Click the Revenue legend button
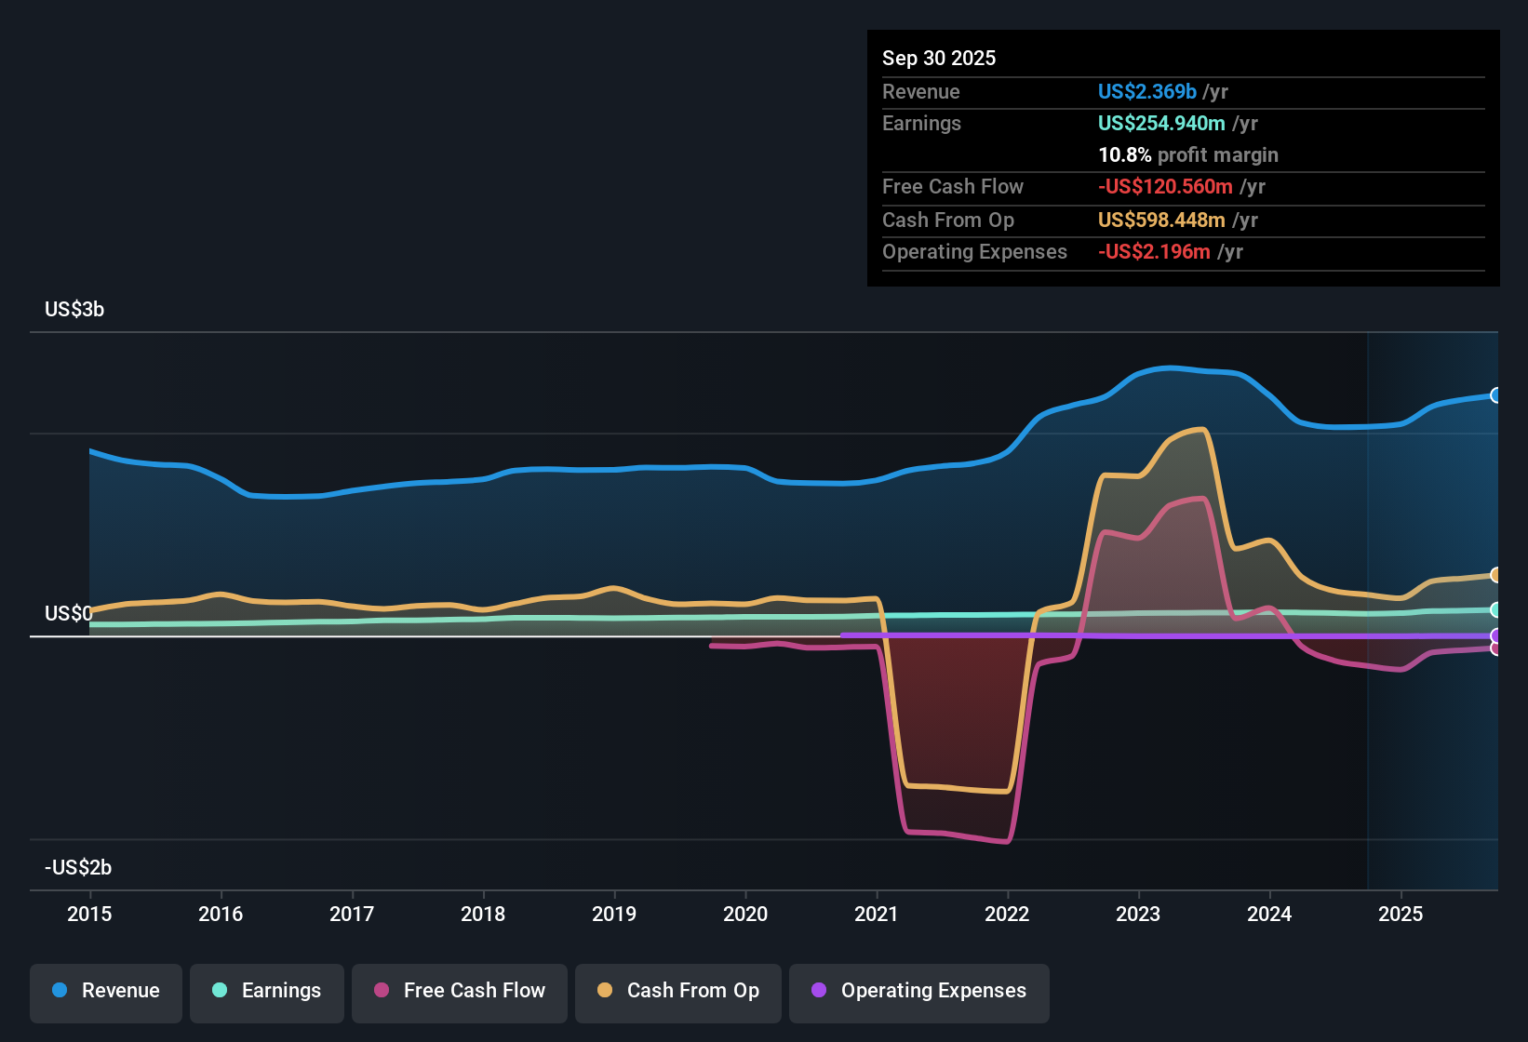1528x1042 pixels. [x=106, y=991]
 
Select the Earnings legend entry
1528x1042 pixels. [x=267, y=991]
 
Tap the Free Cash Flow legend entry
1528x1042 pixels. [x=460, y=991]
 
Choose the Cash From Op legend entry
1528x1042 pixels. [x=678, y=991]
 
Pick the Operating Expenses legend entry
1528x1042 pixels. [x=919, y=991]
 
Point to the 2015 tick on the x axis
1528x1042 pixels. [x=89, y=914]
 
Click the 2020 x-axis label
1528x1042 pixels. [x=745, y=914]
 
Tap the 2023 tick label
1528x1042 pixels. [x=1138, y=914]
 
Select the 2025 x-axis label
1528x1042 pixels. [x=1401, y=914]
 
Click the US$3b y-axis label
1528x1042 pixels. [x=74, y=310]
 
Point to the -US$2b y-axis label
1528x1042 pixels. [x=78, y=868]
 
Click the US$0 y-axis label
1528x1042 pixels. [x=68, y=614]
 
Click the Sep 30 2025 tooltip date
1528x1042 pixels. [x=939, y=59]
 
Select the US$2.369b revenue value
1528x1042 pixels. [x=1146, y=92]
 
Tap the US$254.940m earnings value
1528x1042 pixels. [x=1161, y=124]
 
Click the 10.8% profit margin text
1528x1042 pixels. [x=1188, y=155]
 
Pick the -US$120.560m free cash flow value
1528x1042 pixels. [x=1165, y=187]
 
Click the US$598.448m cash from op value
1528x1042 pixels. [x=1161, y=220]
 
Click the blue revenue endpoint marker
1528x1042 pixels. [x=1495, y=395]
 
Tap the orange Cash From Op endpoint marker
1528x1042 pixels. [x=1495, y=575]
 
